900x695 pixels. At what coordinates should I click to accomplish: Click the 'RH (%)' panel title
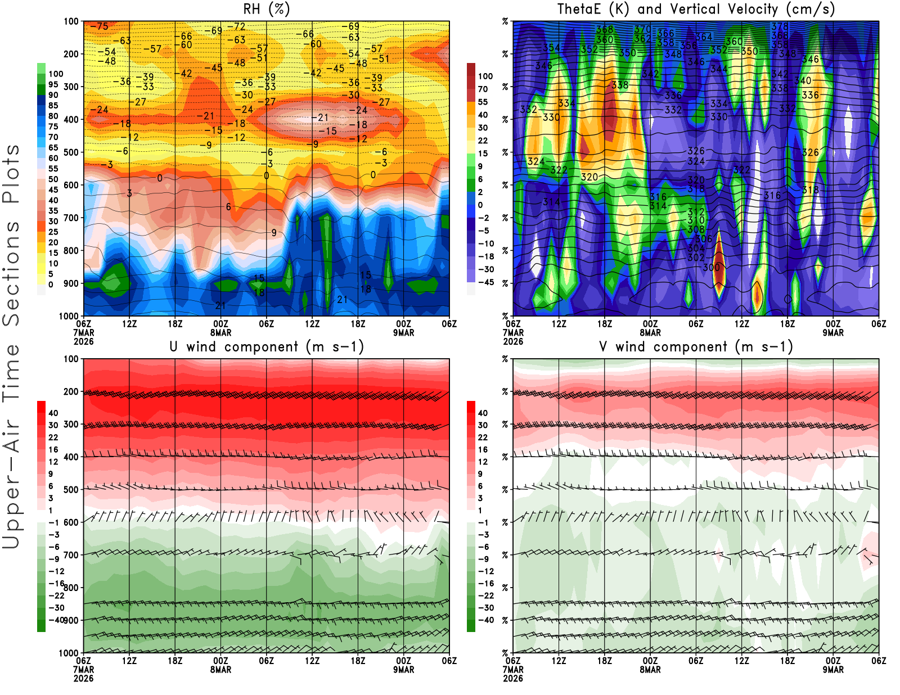tap(266, 10)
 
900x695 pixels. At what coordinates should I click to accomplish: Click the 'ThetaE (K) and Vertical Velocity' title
tap(696, 10)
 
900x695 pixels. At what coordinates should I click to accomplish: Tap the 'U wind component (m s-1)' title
tap(266, 347)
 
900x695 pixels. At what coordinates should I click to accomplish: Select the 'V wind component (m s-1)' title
tap(696, 347)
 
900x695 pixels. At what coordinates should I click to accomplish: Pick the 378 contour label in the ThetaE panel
tap(780, 26)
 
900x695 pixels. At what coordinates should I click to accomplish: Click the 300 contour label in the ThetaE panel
tap(711, 268)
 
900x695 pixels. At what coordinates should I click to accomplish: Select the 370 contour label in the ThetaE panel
tap(642, 29)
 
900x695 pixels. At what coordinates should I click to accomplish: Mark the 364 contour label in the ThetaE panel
tap(704, 37)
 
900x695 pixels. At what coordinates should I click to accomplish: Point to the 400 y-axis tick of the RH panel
tap(71, 119)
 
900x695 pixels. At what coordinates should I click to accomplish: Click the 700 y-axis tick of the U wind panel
tap(71, 555)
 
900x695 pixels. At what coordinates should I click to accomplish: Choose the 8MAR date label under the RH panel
tap(220, 333)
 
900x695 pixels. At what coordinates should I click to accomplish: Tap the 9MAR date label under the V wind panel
tap(833, 670)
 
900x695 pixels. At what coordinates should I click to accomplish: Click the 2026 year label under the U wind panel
tap(83, 678)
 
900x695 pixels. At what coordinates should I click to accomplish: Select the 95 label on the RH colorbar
tap(53, 84)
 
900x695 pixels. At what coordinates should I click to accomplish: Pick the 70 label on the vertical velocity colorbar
tap(483, 89)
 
